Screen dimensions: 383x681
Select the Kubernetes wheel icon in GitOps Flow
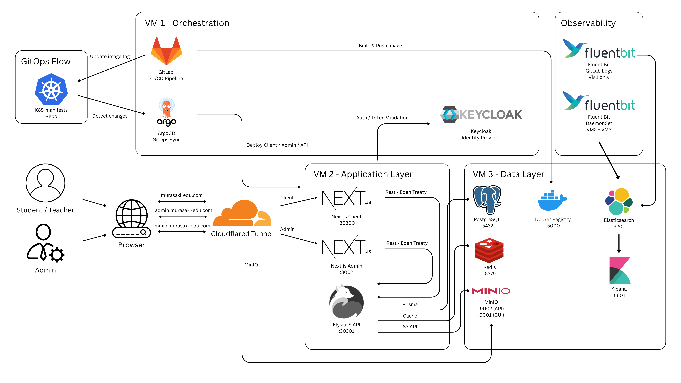click(51, 90)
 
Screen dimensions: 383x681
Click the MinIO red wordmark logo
click(491, 291)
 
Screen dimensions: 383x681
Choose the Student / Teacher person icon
click(46, 183)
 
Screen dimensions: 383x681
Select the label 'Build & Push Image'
click(380, 46)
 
